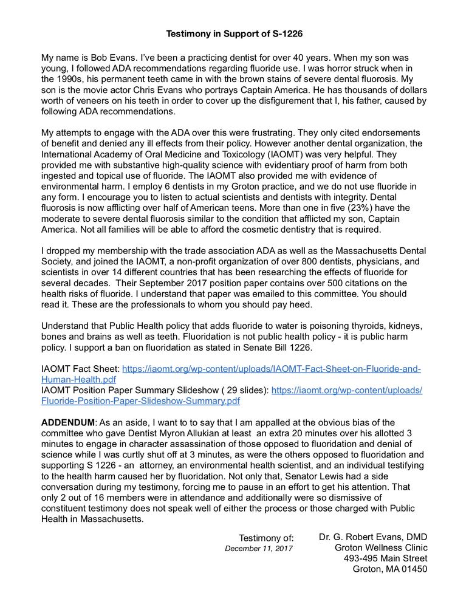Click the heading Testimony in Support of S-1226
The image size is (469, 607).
[235, 34]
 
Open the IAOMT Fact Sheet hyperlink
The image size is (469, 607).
[272, 369]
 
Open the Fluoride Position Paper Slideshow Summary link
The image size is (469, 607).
[140, 401]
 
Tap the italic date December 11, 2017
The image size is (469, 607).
[259, 549]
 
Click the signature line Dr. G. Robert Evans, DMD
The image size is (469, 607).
[373, 537]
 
